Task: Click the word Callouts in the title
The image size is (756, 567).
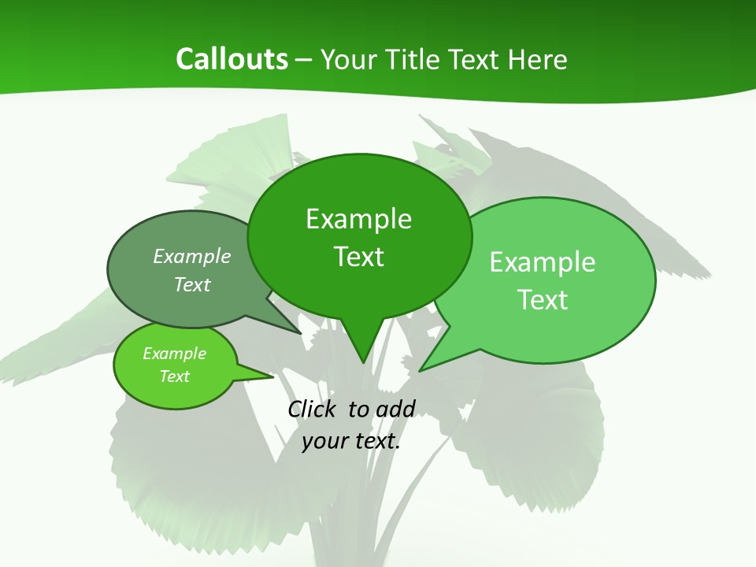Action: [x=232, y=59]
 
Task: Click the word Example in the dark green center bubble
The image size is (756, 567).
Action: [x=358, y=219]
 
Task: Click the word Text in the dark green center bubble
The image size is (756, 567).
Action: [x=358, y=257]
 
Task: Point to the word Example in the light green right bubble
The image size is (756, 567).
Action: [x=543, y=262]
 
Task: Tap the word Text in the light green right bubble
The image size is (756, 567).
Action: [x=543, y=300]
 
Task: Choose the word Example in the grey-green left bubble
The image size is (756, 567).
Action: [x=192, y=256]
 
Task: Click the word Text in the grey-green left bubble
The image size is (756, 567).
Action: [x=192, y=284]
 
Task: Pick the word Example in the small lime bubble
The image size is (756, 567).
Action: [x=174, y=354]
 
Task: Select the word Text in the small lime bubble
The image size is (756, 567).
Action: [x=174, y=376]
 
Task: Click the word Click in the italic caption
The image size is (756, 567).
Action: [x=313, y=409]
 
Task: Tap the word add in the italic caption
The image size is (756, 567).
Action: [x=395, y=409]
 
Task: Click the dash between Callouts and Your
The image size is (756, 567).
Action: [x=304, y=60]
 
